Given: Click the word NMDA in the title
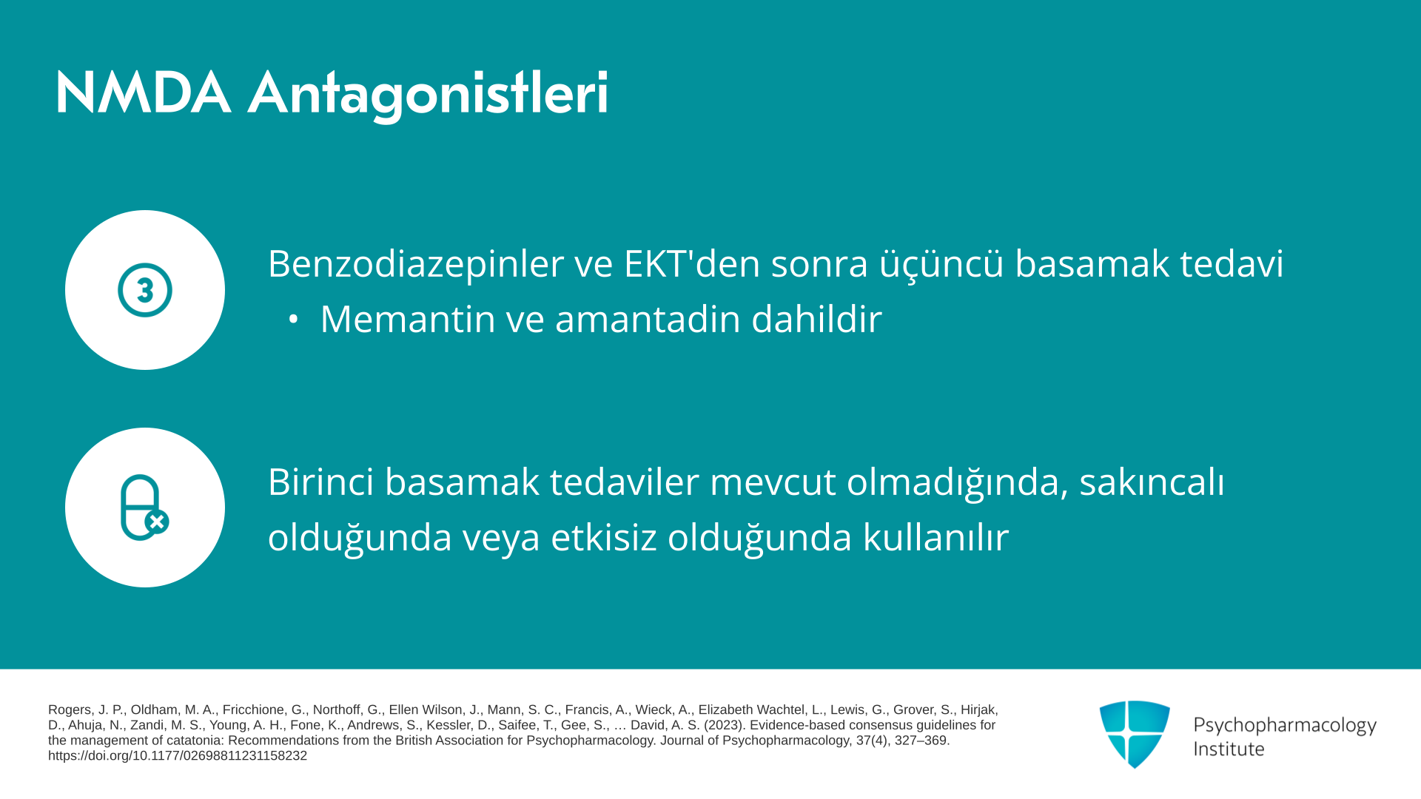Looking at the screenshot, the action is pyautogui.click(x=143, y=93).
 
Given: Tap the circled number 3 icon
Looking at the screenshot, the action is pyautogui.click(x=145, y=290).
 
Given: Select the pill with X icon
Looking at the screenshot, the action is pyautogui.click(x=145, y=508).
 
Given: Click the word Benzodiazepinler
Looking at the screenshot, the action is pyautogui.click(x=416, y=264).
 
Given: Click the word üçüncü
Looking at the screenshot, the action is pyautogui.click(x=941, y=264).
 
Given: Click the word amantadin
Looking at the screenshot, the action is pyautogui.click(x=648, y=319).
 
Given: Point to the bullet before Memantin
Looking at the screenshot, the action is pyautogui.click(x=294, y=320).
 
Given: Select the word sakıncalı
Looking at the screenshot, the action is pyautogui.click(x=1152, y=482).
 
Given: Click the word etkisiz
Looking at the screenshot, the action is pyautogui.click(x=604, y=537).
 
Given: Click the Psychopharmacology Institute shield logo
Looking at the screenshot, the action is pyautogui.click(x=1135, y=734).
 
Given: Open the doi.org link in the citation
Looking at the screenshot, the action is pyautogui.click(x=178, y=756).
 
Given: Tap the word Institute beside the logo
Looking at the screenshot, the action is pyautogui.click(x=1229, y=749).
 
